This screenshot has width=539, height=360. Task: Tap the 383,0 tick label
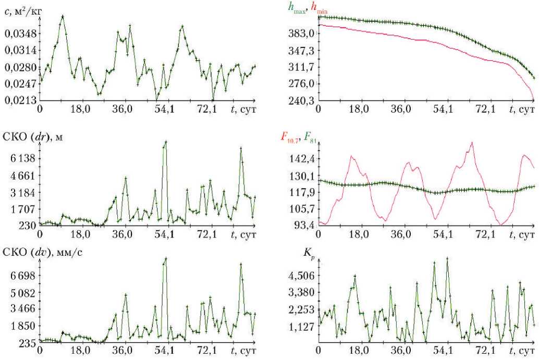(302, 34)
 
